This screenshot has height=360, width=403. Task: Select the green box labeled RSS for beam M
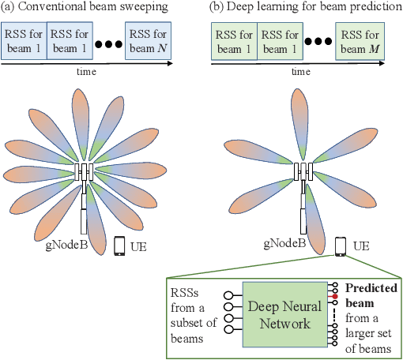coord(360,41)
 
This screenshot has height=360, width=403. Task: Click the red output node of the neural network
coord(335,296)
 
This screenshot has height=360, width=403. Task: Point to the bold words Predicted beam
coord(370,295)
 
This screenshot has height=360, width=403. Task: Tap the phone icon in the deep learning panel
coord(339,246)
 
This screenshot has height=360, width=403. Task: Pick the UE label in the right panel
coord(360,246)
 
